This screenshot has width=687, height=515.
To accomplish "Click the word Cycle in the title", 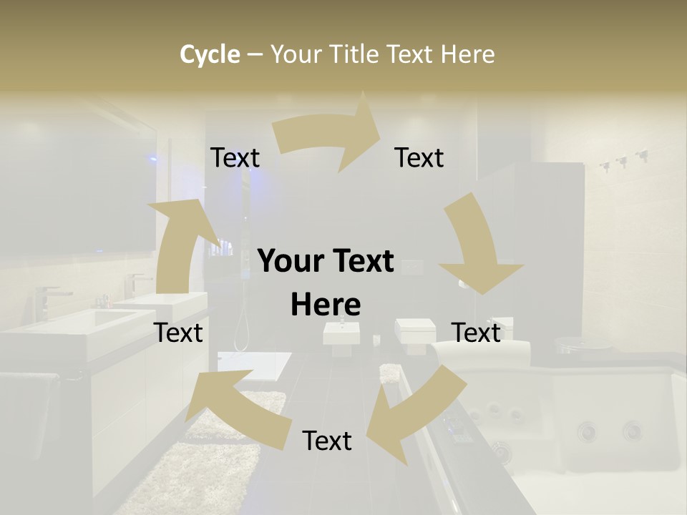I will (x=210, y=54).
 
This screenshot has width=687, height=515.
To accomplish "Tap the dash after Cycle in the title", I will (x=255, y=54).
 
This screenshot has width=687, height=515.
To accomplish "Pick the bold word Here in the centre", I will (x=326, y=305).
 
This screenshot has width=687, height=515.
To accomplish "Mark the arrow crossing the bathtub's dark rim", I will (x=408, y=415).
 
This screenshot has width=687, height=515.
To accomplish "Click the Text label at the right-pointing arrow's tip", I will (x=419, y=157).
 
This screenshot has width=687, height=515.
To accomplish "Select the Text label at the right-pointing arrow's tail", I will (x=235, y=157).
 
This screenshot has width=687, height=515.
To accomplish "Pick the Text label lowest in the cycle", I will (x=327, y=441).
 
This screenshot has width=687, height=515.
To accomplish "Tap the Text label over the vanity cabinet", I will (x=179, y=333).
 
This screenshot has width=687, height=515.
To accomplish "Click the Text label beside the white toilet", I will (x=477, y=333).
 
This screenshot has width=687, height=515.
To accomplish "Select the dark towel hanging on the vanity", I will (x=29, y=415).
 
